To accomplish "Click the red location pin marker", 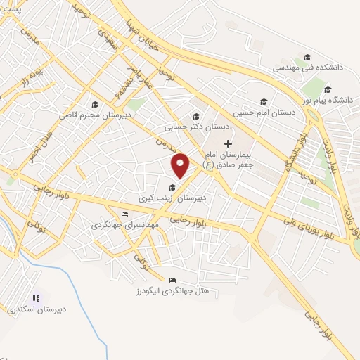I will pyautogui.click(x=181, y=166).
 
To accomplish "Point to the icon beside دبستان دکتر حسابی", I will pyautogui.click(x=195, y=117).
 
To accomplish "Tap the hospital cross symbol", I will pyautogui.click(x=227, y=143).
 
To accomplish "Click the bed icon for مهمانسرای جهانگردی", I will pyautogui.click(x=125, y=214).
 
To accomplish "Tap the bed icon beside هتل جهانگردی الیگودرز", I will pyautogui.click(x=173, y=281).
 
